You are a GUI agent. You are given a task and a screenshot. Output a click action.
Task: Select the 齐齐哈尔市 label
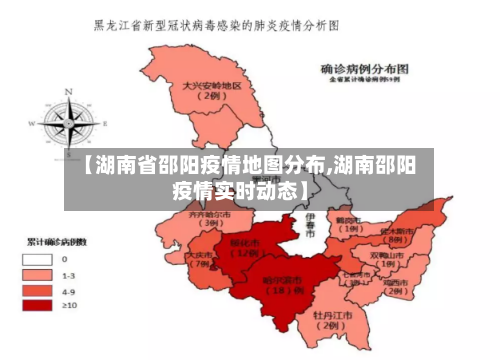[x=209, y=218]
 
